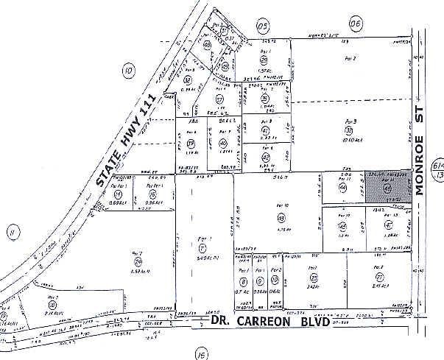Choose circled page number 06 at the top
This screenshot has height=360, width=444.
pos(357,24)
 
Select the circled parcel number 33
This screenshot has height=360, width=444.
pos(348,130)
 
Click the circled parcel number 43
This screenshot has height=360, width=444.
pos(281,218)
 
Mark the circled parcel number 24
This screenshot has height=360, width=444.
pos(137,261)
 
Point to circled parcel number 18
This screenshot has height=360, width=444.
pos(52,304)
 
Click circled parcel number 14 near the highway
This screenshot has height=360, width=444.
pos(119,195)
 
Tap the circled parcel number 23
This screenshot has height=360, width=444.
pos(314,278)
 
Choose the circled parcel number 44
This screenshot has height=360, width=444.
pos(342,188)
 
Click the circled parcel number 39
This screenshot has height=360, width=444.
pos(191,144)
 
